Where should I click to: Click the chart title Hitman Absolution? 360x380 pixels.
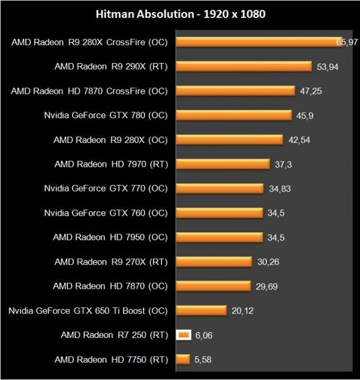pyautogui.click(x=180, y=13)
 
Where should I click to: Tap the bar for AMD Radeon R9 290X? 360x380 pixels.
pyautogui.click(x=244, y=66)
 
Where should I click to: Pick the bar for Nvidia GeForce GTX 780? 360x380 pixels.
pyautogui.click(x=233, y=115)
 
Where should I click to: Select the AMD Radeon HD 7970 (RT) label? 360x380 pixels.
pyautogui.click(x=110, y=163)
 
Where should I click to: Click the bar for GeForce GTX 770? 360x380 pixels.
pyautogui.click(x=220, y=188)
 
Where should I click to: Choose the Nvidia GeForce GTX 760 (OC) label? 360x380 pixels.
pyautogui.click(x=106, y=213)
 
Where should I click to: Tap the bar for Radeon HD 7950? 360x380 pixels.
pyautogui.click(x=219, y=237)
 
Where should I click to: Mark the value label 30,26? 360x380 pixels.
pyautogui.click(x=268, y=262)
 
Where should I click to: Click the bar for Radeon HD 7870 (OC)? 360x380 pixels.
pyautogui.click(x=212, y=286)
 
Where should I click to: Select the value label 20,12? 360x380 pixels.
pyautogui.click(x=243, y=311)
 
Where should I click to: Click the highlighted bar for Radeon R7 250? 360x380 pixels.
pyautogui.click(x=184, y=335)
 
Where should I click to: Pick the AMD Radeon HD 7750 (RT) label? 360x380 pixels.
pyautogui.click(x=110, y=360)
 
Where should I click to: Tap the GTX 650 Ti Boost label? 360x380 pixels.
pyautogui.click(x=88, y=310)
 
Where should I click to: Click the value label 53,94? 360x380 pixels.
pyautogui.click(x=328, y=67)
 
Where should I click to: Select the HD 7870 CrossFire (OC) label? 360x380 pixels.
pyautogui.click(x=89, y=91)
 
